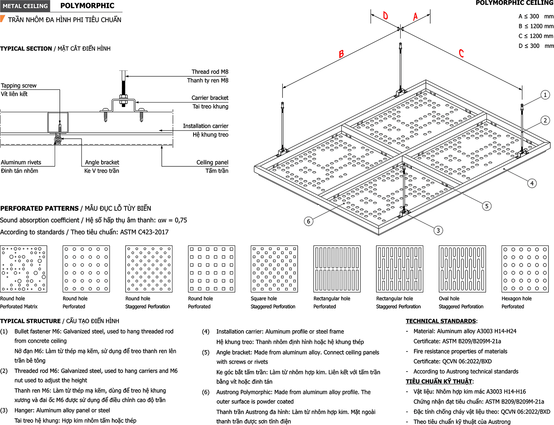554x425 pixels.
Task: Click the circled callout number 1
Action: click(x=545, y=95)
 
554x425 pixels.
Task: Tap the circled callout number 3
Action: click(x=438, y=231)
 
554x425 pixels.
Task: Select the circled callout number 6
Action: click(x=308, y=221)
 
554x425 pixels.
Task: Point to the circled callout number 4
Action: click(x=532, y=183)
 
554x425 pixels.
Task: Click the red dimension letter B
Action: click(x=341, y=54)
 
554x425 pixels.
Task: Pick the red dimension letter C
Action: click(x=461, y=53)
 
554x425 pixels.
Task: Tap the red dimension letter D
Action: click(x=385, y=15)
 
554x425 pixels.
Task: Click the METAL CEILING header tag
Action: click(x=25, y=6)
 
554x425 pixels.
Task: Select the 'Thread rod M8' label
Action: click(x=210, y=72)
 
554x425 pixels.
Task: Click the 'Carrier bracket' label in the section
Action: click(x=210, y=98)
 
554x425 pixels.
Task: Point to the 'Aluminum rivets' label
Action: click(x=21, y=162)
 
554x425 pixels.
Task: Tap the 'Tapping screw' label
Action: click(x=18, y=86)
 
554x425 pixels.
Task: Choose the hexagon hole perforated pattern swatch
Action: click(x=525, y=269)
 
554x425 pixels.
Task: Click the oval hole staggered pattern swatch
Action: click(x=462, y=269)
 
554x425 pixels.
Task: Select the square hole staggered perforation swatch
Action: click(x=274, y=269)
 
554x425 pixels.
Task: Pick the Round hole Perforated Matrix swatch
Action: click(x=24, y=269)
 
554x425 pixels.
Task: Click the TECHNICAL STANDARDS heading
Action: click(x=441, y=321)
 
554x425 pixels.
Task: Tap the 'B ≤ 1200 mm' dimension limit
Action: click(x=536, y=26)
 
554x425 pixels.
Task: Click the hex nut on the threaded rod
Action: click(x=123, y=97)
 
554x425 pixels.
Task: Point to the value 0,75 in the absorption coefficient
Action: click(x=181, y=220)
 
